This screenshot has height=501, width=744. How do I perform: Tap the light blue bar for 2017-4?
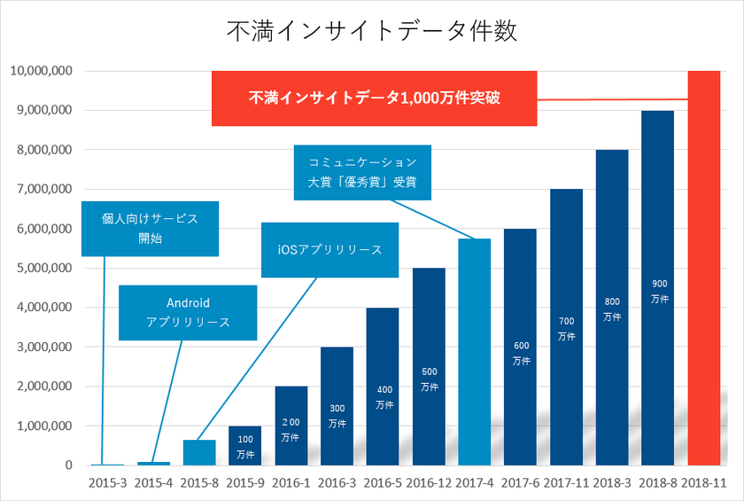(474, 355)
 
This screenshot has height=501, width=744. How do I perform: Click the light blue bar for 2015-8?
(199, 452)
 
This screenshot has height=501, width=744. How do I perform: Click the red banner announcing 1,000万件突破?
(374, 98)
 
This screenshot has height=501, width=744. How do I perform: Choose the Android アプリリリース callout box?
(188, 312)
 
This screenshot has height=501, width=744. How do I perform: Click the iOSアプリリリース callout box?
(329, 249)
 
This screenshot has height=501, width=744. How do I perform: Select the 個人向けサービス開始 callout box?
(149, 228)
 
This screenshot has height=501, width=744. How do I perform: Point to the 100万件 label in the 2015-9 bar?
(245, 447)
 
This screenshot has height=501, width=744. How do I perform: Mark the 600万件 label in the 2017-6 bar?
(520, 354)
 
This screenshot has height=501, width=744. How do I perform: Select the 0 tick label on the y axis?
(67, 465)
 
